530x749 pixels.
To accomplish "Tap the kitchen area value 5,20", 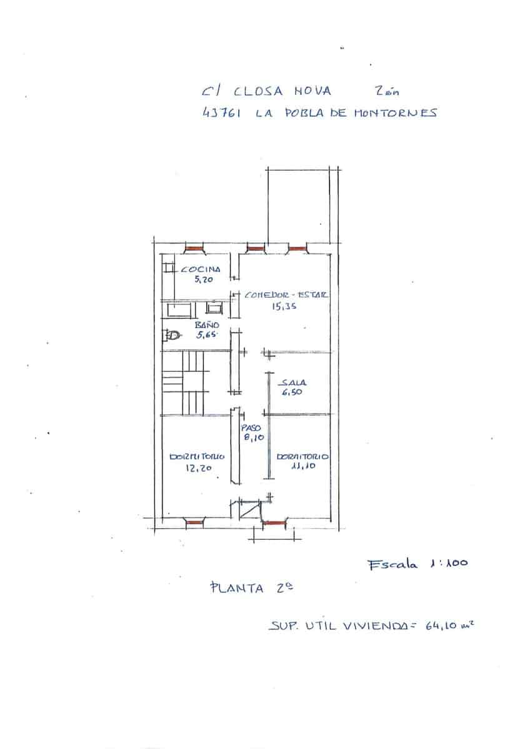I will pos(204,280).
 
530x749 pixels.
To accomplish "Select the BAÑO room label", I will pos(207,325).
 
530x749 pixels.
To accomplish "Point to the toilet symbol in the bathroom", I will pos(172,336).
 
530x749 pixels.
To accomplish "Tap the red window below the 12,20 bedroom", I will pos(196,520).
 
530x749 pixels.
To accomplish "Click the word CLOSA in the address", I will pos(258,91).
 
